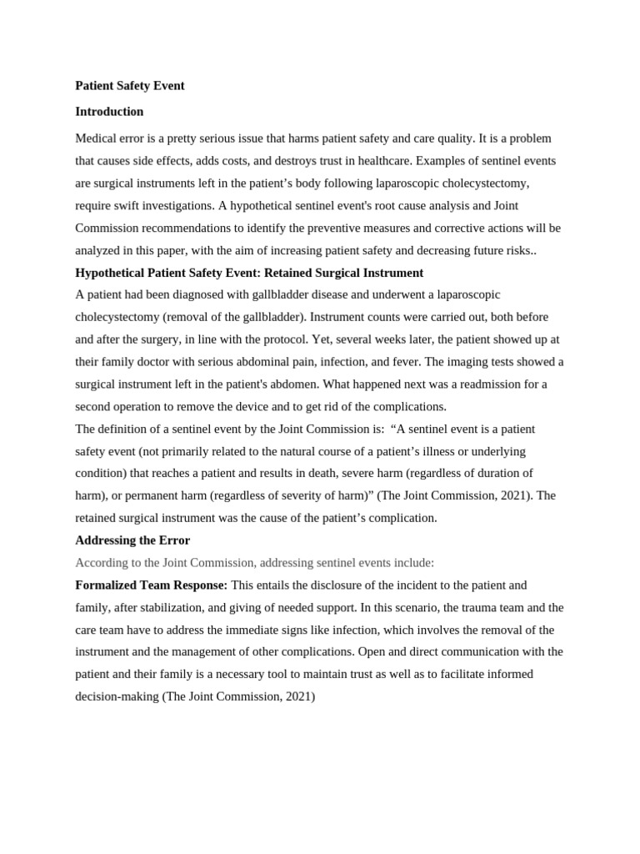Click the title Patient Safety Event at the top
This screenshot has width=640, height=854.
click(x=130, y=86)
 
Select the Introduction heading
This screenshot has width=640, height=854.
click(x=109, y=112)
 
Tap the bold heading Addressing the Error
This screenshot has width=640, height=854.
click(x=132, y=540)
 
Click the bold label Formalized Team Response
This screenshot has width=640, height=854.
click(x=151, y=585)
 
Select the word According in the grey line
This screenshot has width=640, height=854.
click(x=102, y=563)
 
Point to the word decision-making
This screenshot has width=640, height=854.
click(x=117, y=696)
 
